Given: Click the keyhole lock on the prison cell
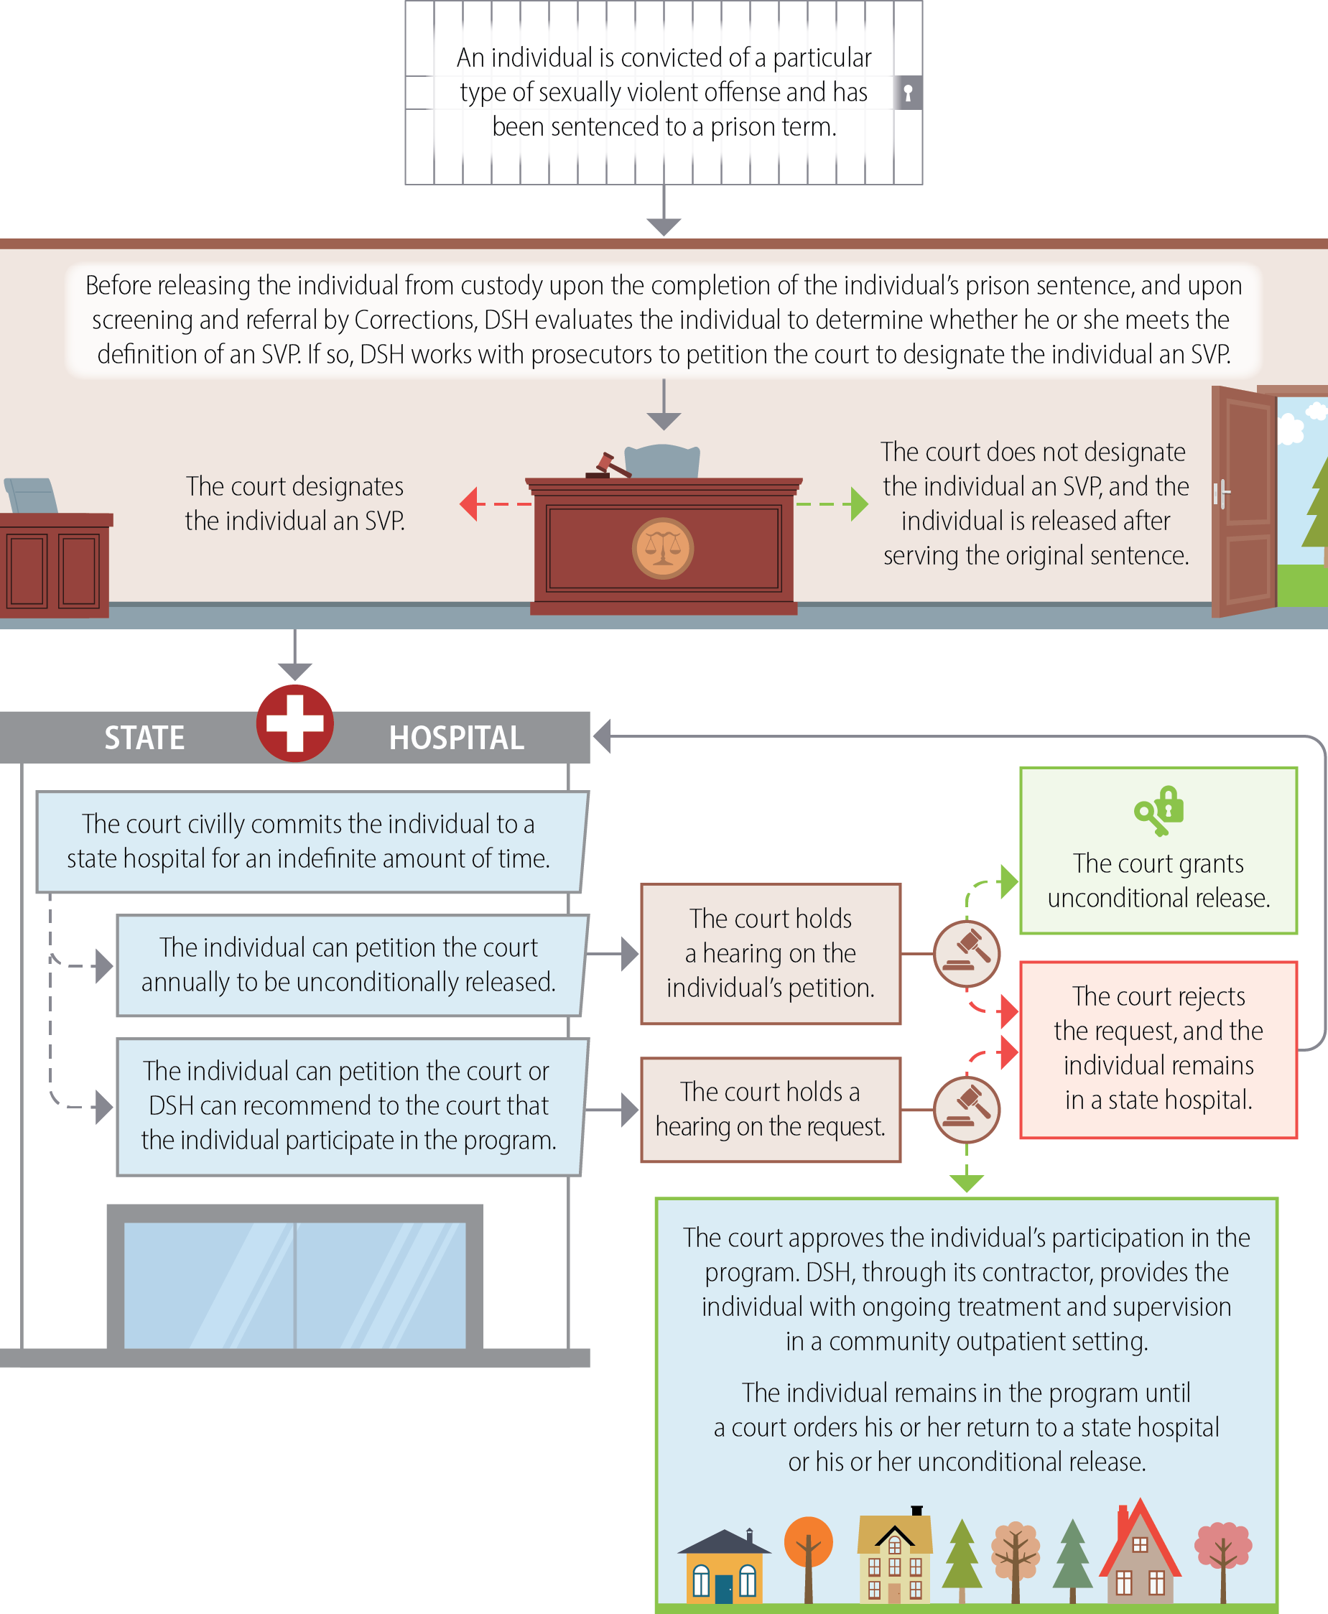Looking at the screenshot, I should point(908,93).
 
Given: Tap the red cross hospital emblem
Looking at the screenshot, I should point(294,723).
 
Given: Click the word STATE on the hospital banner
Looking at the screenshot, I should point(144,738).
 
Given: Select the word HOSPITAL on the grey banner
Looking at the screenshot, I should point(456,738).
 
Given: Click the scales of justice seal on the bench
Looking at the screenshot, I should point(662,547).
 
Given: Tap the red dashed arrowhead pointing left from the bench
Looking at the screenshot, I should point(469,504).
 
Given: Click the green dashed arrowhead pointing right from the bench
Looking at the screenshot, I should point(859,504).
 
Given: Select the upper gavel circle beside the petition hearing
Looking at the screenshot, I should point(966,954).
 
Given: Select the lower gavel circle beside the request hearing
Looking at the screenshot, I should point(966,1109).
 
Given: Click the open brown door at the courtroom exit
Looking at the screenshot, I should point(1244,501).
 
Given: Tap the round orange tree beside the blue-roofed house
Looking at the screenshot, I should point(808,1542).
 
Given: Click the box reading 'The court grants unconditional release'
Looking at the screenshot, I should point(1158,850).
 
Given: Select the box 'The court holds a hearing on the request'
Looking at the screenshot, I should point(771,1109).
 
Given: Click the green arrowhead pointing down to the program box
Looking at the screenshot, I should point(966,1183).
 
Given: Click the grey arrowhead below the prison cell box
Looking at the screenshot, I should point(663,226).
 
